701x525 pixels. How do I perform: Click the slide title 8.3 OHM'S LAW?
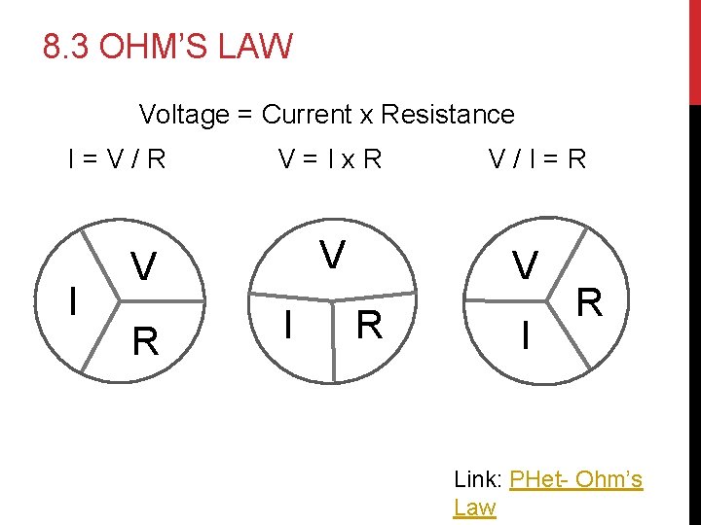(167, 46)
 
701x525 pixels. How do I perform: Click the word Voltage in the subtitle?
(183, 115)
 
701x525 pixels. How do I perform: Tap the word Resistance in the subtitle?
(447, 115)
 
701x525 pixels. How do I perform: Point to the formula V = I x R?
(329, 158)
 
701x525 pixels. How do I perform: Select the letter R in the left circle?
(145, 341)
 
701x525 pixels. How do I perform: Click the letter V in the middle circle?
(333, 255)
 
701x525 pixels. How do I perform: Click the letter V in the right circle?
(526, 263)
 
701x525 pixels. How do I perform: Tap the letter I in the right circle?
(526, 337)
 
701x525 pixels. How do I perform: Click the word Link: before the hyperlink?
(478, 479)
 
